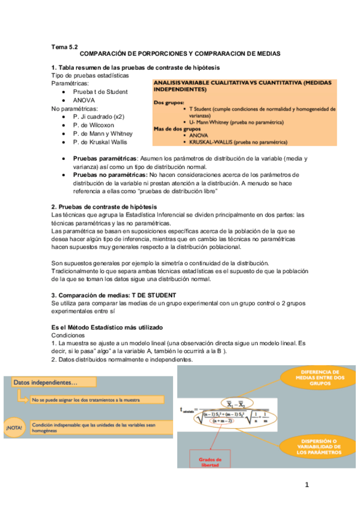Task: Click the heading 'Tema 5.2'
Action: [64, 46]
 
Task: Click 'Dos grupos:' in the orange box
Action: [169, 103]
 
